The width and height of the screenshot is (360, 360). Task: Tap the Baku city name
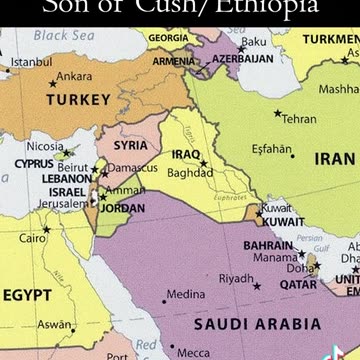point(255,42)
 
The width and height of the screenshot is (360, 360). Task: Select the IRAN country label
point(334,158)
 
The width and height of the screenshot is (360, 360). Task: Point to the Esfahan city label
point(271,150)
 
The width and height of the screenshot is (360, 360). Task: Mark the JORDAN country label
point(124,209)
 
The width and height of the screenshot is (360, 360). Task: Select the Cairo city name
point(33,239)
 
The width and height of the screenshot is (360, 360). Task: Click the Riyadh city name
point(236,277)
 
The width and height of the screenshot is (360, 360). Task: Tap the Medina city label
point(186,295)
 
